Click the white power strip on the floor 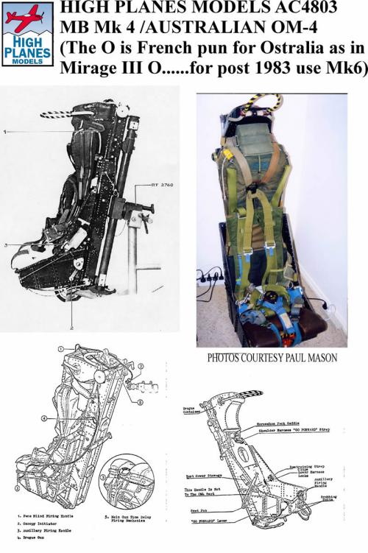[x=214, y=278]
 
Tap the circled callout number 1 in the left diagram [x=63, y=347]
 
